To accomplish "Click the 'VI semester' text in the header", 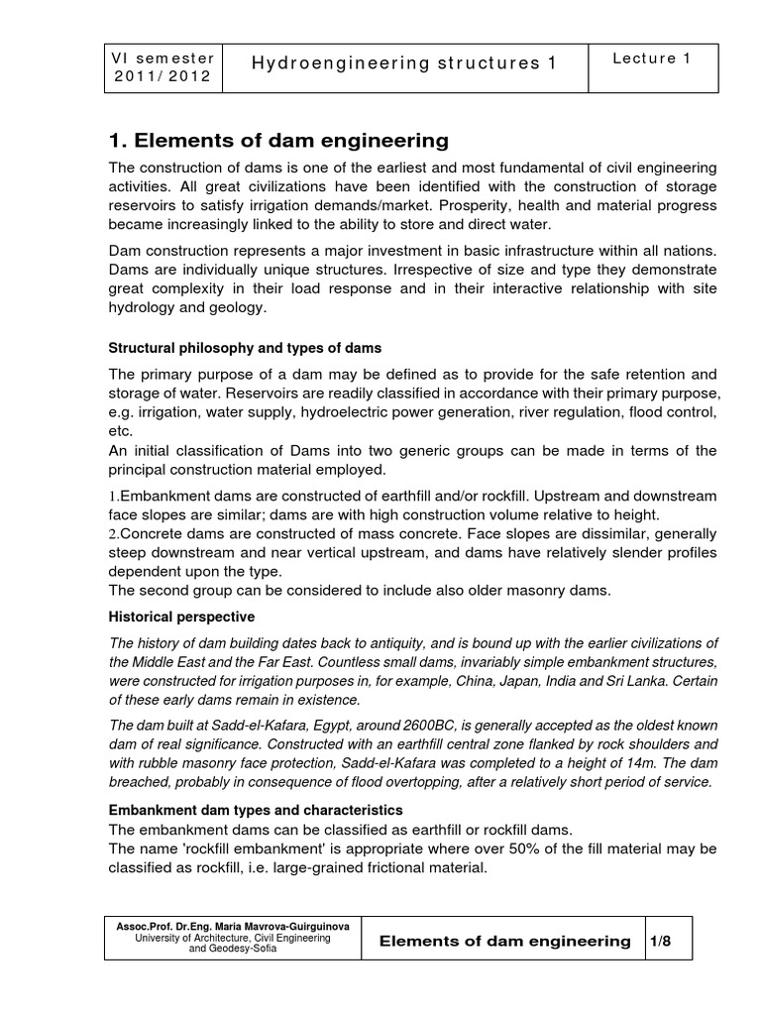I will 164,57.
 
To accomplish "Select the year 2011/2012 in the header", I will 163,78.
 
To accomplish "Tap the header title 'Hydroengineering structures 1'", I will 404,64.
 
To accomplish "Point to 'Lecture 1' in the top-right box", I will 651,58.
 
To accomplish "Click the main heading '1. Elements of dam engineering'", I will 277,140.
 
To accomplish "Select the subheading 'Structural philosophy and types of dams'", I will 244,349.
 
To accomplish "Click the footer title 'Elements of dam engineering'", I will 505,941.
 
